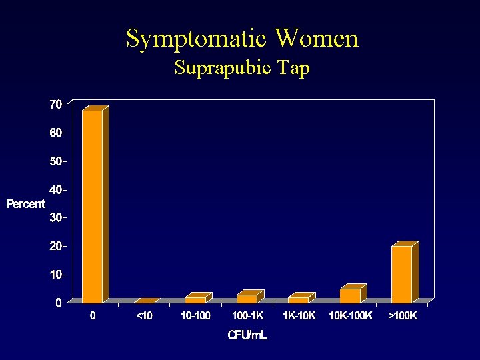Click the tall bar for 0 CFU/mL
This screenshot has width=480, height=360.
click(x=92, y=207)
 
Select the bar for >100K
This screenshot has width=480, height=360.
click(x=401, y=275)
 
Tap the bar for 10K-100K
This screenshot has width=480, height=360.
click(x=350, y=295)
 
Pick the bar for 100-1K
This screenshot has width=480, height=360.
click(x=247, y=299)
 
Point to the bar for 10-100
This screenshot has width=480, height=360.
click(x=195, y=300)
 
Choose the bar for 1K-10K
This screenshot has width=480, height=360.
click(x=298, y=300)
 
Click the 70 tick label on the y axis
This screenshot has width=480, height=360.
click(x=54, y=104)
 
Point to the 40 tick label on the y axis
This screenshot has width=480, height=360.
click(x=54, y=189)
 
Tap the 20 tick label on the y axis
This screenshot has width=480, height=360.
click(x=54, y=246)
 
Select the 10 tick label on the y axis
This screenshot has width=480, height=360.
click(x=54, y=274)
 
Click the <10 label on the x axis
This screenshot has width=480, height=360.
click(x=144, y=316)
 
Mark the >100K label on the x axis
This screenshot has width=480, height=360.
click(x=403, y=316)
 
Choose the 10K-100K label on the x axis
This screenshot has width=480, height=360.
click(x=351, y=316)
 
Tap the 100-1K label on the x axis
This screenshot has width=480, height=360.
click(x=247, y=316)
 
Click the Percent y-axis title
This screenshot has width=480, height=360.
click(x=25, y=204)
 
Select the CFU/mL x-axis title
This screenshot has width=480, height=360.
click(x=247, y=335)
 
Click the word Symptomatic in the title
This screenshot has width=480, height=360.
click(x=197, y=39)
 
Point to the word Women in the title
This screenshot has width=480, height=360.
click(x=317, y=38)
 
